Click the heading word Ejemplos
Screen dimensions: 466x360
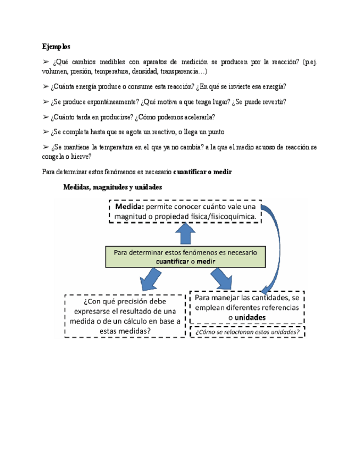56,46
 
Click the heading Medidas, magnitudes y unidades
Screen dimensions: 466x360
113,187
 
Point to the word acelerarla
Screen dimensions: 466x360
198,117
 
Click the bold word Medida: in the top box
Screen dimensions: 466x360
129,207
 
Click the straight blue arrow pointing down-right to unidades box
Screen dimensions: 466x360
222,279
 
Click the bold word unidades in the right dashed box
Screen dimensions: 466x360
250,318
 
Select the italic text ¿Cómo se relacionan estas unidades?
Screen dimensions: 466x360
247,331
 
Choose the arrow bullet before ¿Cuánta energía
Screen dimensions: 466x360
45,87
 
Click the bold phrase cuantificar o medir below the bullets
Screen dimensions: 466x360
203,172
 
